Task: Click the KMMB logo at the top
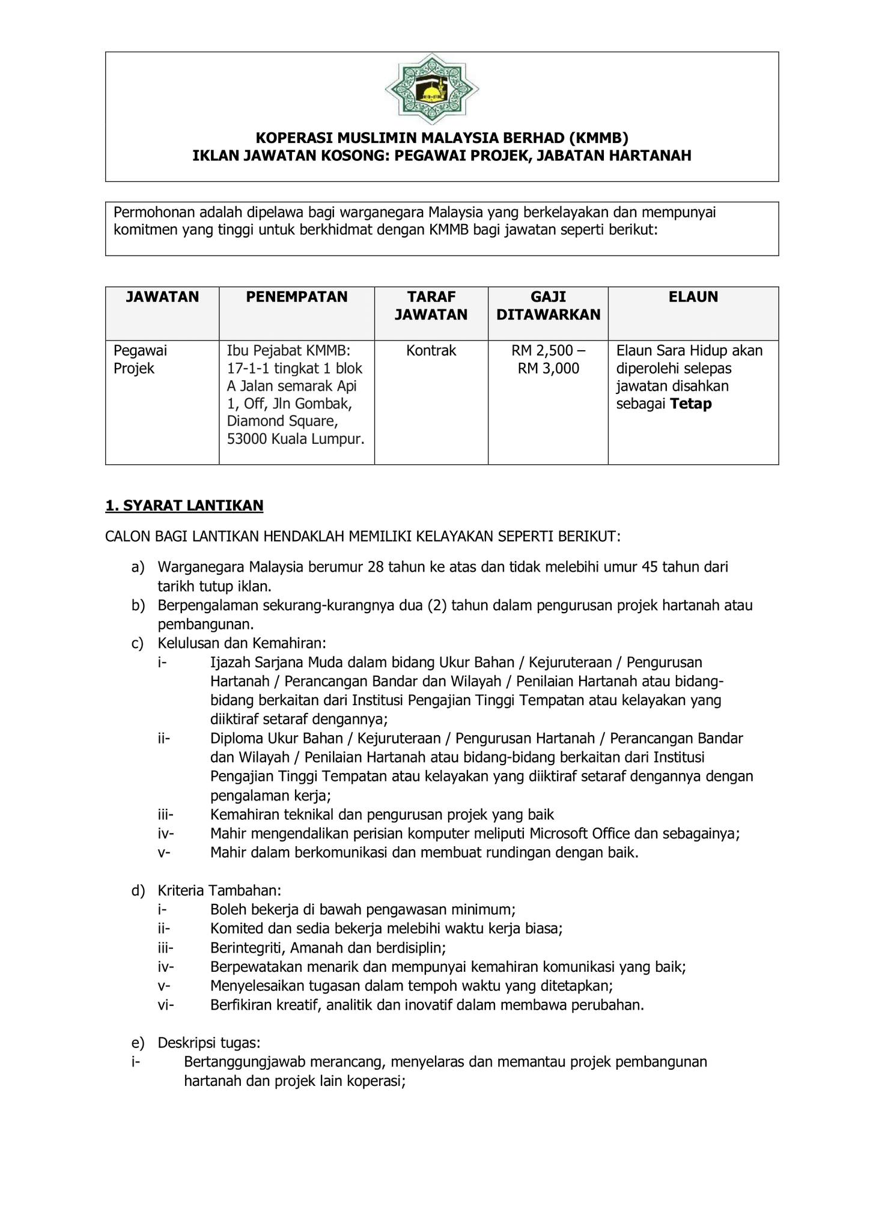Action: [x=432, y=89]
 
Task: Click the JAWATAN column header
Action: [x=162, y=297]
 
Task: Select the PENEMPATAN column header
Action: [x=297, y=297]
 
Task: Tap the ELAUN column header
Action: [x=693, y=297]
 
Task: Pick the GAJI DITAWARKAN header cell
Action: [x=548, y=306]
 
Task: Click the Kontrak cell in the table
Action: [x=431, y=351]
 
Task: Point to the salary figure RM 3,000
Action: [x=549, y=369]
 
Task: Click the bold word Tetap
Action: [x=691, y=404]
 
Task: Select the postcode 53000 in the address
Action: [x=246, y=439]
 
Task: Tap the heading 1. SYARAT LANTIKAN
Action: [x=184, y=506]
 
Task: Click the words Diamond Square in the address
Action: [x=282, y=421]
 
